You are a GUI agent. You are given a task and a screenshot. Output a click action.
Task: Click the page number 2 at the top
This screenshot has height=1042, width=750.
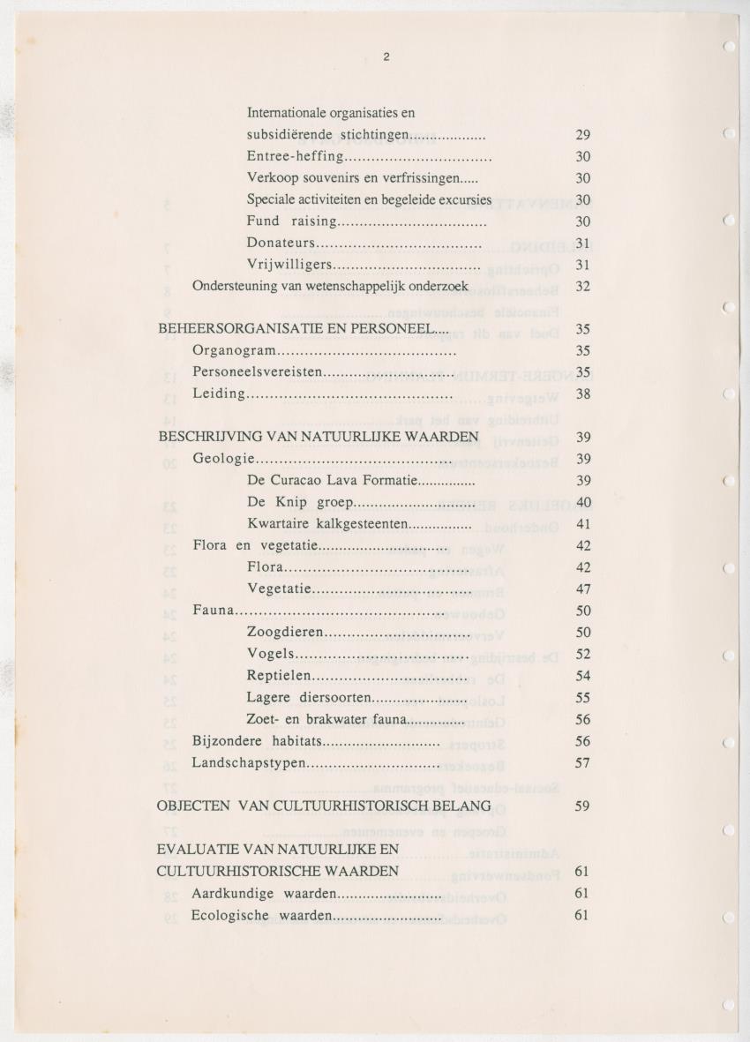click(386, 58)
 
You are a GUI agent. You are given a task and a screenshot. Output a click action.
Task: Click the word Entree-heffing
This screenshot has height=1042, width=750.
click(294, 156)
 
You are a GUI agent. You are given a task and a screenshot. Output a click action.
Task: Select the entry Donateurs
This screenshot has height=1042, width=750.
click(281, 243)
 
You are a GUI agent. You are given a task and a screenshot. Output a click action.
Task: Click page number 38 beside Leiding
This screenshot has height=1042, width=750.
click(582, 394)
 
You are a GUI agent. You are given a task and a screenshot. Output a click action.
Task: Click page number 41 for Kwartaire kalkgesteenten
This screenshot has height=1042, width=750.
click(582, 524)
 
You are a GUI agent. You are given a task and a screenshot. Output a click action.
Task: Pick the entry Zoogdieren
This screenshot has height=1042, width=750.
click(286, 633)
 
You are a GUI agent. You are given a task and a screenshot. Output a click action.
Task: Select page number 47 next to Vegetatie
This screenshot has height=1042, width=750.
click(582, 589)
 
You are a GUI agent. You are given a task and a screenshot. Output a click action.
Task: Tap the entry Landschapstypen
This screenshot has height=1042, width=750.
click(249, 762)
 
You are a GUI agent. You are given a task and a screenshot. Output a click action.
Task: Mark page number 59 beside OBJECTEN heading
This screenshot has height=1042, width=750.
click(582, 806)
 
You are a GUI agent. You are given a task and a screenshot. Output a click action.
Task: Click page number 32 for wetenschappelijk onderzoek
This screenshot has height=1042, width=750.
click(582, 286)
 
